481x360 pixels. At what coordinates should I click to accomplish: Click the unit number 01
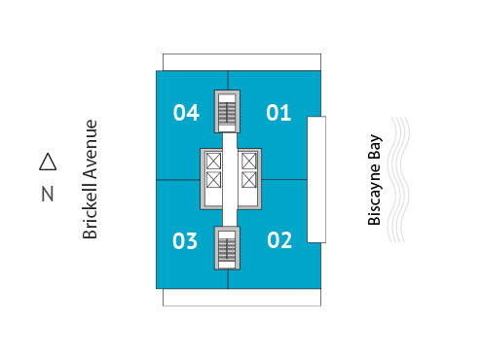click(278, 114)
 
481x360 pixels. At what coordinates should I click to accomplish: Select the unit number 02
click(279, 240)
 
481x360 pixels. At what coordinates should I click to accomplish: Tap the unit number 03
click(185, 240)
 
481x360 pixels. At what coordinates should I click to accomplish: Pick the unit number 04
click(186, 114)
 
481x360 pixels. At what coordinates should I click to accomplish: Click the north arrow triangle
click(47, 162)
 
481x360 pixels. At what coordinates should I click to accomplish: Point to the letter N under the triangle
click(47, 194)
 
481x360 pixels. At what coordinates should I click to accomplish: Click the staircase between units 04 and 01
click(227, 112)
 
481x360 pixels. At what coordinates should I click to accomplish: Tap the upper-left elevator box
click(213, 161)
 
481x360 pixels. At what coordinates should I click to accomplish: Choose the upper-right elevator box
click(248, 161)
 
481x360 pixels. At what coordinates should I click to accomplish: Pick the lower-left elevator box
click(213, 180)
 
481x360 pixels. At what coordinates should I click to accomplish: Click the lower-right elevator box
click(248, 180)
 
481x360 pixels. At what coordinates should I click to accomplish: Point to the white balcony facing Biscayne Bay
click(316, 179)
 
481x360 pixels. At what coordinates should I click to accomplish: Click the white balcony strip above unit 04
click(195, 61)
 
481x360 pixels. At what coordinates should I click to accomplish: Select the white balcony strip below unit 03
click(195, 297)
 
